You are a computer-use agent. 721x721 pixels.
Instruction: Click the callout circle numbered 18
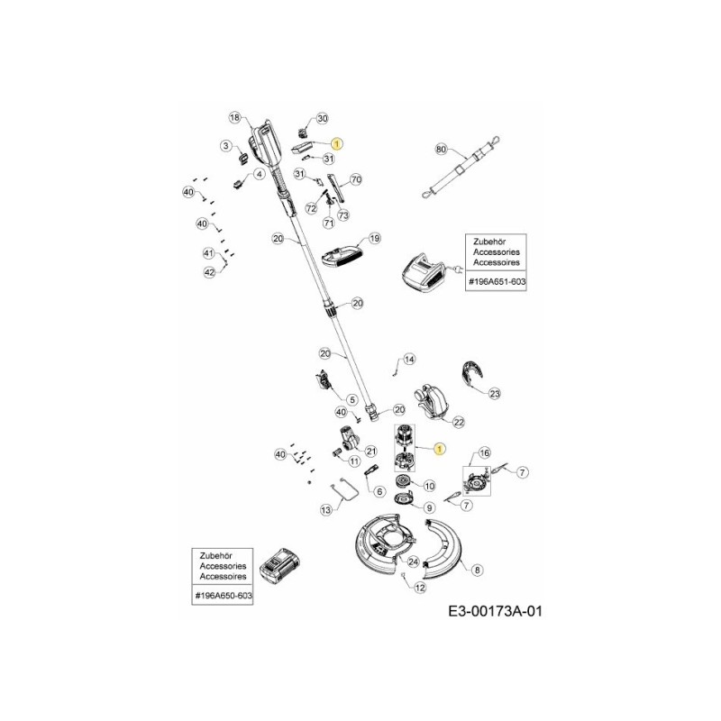click(234, 118)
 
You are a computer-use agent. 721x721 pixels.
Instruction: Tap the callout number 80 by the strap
click(441, 150)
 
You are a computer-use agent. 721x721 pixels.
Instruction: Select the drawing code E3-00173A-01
click(495, 611)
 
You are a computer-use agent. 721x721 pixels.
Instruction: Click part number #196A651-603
click(497, 282)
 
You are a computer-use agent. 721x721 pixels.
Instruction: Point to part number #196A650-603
click(224, 596)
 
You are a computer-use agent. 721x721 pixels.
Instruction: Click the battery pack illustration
click(280, 566)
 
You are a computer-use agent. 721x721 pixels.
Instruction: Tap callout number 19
click(375, 238)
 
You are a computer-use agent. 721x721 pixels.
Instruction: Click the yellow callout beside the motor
click(440, 449)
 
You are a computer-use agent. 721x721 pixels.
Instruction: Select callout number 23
click(495, 394)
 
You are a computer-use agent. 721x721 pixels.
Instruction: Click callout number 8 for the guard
click(478, 570)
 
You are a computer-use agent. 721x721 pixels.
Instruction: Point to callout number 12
click(420, 588)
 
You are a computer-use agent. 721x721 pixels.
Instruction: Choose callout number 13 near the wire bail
click(326, 510)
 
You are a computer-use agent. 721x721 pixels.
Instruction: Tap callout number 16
click(485, 453)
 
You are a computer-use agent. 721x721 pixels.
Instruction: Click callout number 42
click(209, 272)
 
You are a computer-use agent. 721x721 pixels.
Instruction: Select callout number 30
click(323, 118)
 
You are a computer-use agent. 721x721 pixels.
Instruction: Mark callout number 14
click(409, 359)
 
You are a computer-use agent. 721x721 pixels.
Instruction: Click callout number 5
click(351, 399)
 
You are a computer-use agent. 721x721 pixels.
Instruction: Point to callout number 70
click(356, 179)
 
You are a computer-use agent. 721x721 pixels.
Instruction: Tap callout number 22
click(459, 422)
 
